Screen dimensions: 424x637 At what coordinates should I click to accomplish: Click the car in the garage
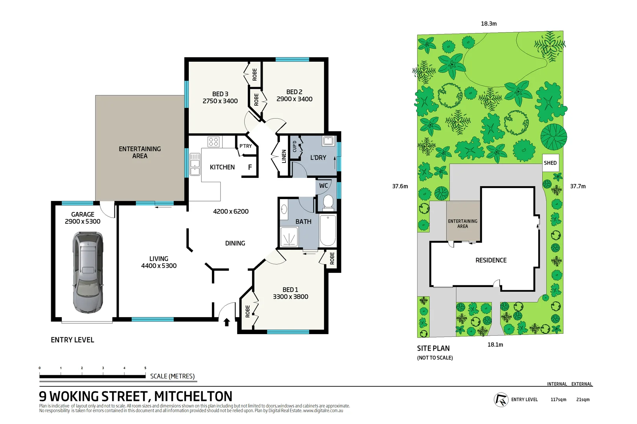[88, 272]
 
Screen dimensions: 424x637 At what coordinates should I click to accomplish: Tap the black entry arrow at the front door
[226, 322]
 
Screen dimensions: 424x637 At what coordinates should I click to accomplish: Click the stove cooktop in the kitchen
[214, 142]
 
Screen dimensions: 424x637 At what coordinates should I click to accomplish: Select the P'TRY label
[246, 146]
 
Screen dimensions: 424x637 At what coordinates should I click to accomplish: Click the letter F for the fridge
[250, 167]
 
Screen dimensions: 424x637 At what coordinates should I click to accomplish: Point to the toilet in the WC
[328, 202]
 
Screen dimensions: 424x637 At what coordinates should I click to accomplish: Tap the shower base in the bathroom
[289, 237]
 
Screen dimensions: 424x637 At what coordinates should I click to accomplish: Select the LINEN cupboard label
[284, 156]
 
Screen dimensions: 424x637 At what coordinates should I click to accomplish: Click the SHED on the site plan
[550, 163]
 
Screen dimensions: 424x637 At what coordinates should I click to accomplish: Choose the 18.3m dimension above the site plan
[489, 24]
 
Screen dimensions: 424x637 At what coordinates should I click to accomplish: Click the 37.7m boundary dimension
[578, 186]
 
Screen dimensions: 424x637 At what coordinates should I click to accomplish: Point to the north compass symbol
[501, 400]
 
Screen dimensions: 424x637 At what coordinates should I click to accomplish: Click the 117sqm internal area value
[558, 400]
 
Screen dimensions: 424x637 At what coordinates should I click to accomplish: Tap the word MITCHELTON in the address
[193, 397]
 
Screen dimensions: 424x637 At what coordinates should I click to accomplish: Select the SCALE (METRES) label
[172, 376]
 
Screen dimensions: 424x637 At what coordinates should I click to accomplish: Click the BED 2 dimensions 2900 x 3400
[294, 99]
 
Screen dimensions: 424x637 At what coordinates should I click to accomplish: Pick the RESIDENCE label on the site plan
[491, 260]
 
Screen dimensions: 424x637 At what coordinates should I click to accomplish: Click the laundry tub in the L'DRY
[328, 141]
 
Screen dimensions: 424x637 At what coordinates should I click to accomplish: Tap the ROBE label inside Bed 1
[248, 311]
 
